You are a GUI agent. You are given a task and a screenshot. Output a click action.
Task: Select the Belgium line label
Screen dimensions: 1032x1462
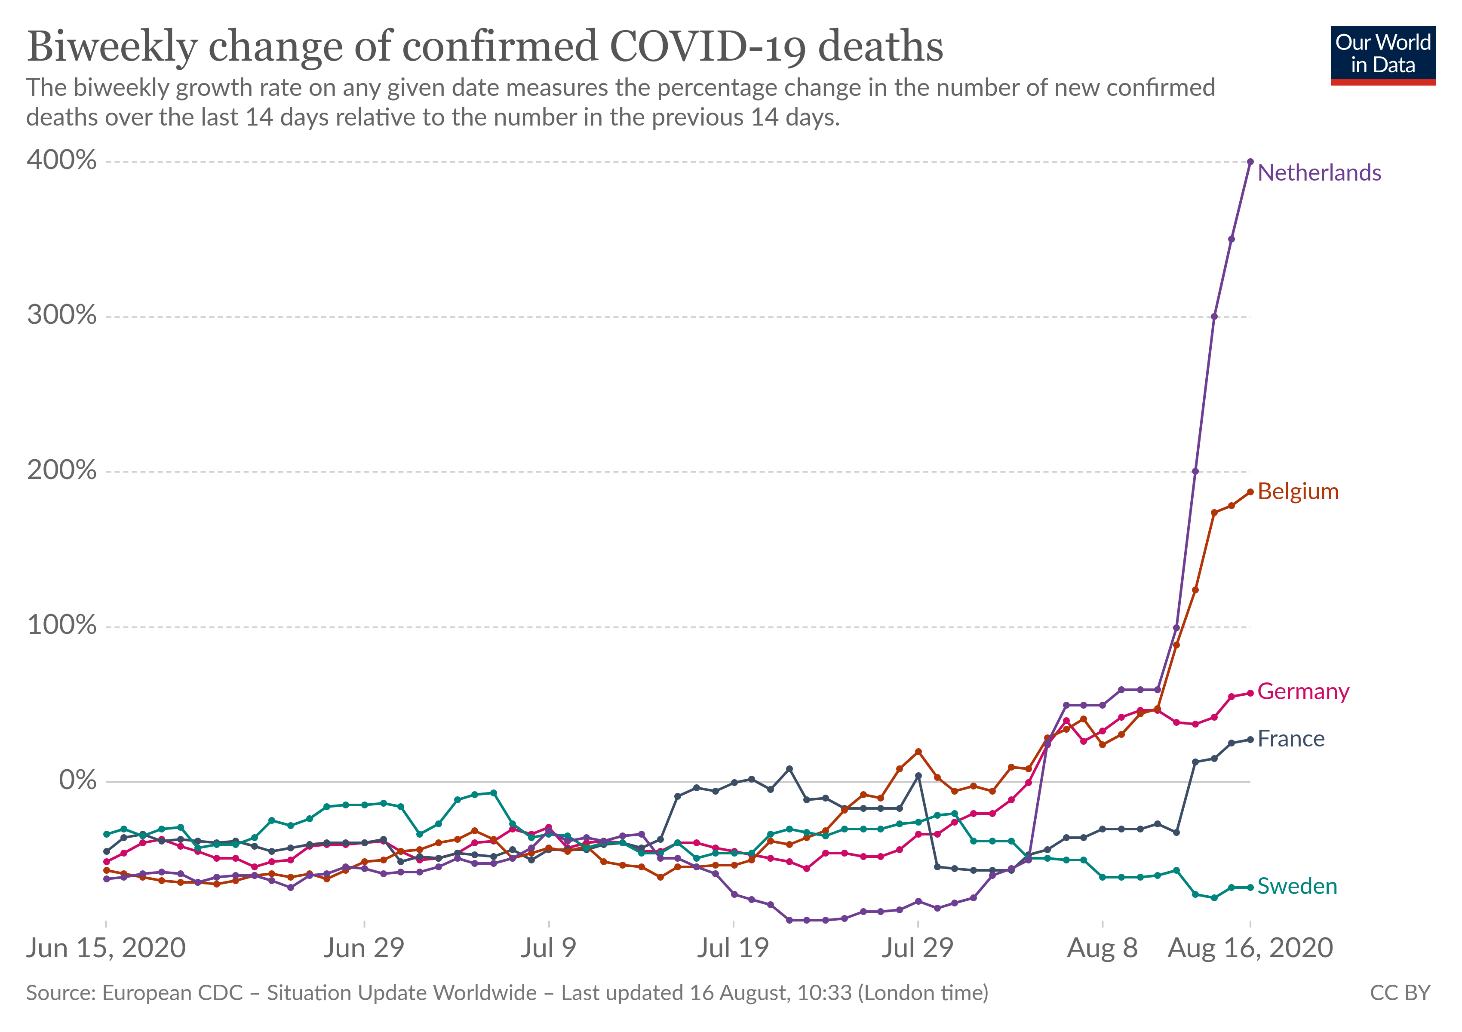1298,491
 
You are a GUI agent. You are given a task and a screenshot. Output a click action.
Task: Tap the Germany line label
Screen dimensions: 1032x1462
1303,691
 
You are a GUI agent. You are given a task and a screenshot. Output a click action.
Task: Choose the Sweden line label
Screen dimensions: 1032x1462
1296,886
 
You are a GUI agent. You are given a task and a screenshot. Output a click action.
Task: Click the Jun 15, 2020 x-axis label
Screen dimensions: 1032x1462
106,948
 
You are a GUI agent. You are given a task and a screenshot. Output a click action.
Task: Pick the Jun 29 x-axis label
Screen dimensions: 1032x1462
364,948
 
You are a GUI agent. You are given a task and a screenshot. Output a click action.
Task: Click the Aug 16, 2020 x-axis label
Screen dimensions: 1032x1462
1250,948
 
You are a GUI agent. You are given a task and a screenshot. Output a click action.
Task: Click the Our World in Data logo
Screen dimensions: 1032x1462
1383,55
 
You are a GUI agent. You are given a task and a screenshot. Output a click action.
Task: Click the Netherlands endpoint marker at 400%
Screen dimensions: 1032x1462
1250,162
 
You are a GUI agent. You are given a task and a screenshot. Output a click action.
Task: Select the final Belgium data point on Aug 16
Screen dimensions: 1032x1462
1250,492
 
